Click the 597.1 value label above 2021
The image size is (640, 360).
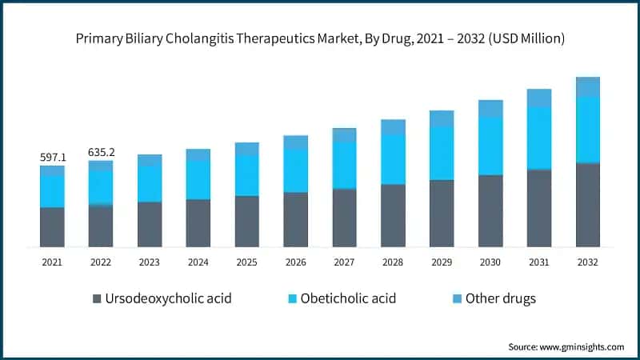(53, 158)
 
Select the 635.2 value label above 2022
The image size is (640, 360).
(101, 152)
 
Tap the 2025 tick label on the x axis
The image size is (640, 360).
(246, 261)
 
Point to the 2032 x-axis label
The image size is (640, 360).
(588, 261)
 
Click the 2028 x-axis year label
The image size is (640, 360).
(393, 261)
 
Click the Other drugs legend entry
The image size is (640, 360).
(494, 298)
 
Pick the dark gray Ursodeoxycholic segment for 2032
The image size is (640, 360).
(588, 205)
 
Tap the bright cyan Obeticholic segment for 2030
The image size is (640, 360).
(490, 146)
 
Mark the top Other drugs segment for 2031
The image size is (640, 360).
(539, 98)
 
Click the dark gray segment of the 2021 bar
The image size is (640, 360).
(53, 226)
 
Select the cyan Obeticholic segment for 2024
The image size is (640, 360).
(198, 179)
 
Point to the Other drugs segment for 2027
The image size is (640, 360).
(344, 134)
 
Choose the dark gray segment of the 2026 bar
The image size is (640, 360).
(295, 219)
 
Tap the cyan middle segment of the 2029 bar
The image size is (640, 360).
(442, 153)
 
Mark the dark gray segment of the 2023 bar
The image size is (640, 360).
(150, 224)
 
